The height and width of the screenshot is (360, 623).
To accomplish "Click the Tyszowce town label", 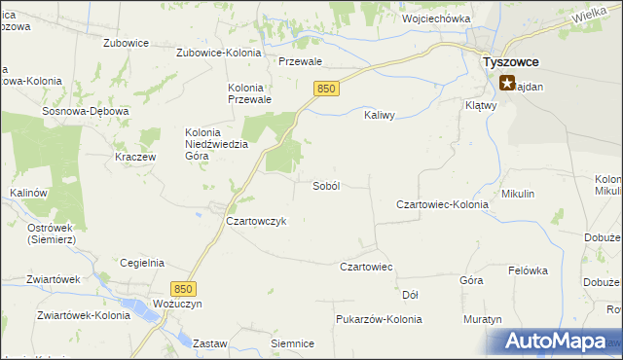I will coord(512,61).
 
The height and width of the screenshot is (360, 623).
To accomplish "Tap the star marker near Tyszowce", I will coord(507,83).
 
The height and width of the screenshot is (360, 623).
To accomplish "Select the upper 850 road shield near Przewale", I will coord(326,89).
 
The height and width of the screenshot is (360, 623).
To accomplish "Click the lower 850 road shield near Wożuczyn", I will coord(182,289).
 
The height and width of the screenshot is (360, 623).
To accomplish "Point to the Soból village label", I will coord(325,186).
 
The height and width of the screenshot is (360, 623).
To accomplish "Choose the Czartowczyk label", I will coord(256,221).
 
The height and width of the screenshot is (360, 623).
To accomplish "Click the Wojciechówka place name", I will coord(436,18).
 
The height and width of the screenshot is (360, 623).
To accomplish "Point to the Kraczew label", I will coord(135,157).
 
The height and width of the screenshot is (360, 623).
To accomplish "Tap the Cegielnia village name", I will coord(141,263).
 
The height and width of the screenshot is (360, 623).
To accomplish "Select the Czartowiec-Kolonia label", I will coord(442,204).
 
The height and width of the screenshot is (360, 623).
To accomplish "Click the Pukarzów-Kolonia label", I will coord(378,319).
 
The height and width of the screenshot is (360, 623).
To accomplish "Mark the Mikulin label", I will coord(518,194).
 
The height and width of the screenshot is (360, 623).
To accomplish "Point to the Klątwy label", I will coord(481,106).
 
